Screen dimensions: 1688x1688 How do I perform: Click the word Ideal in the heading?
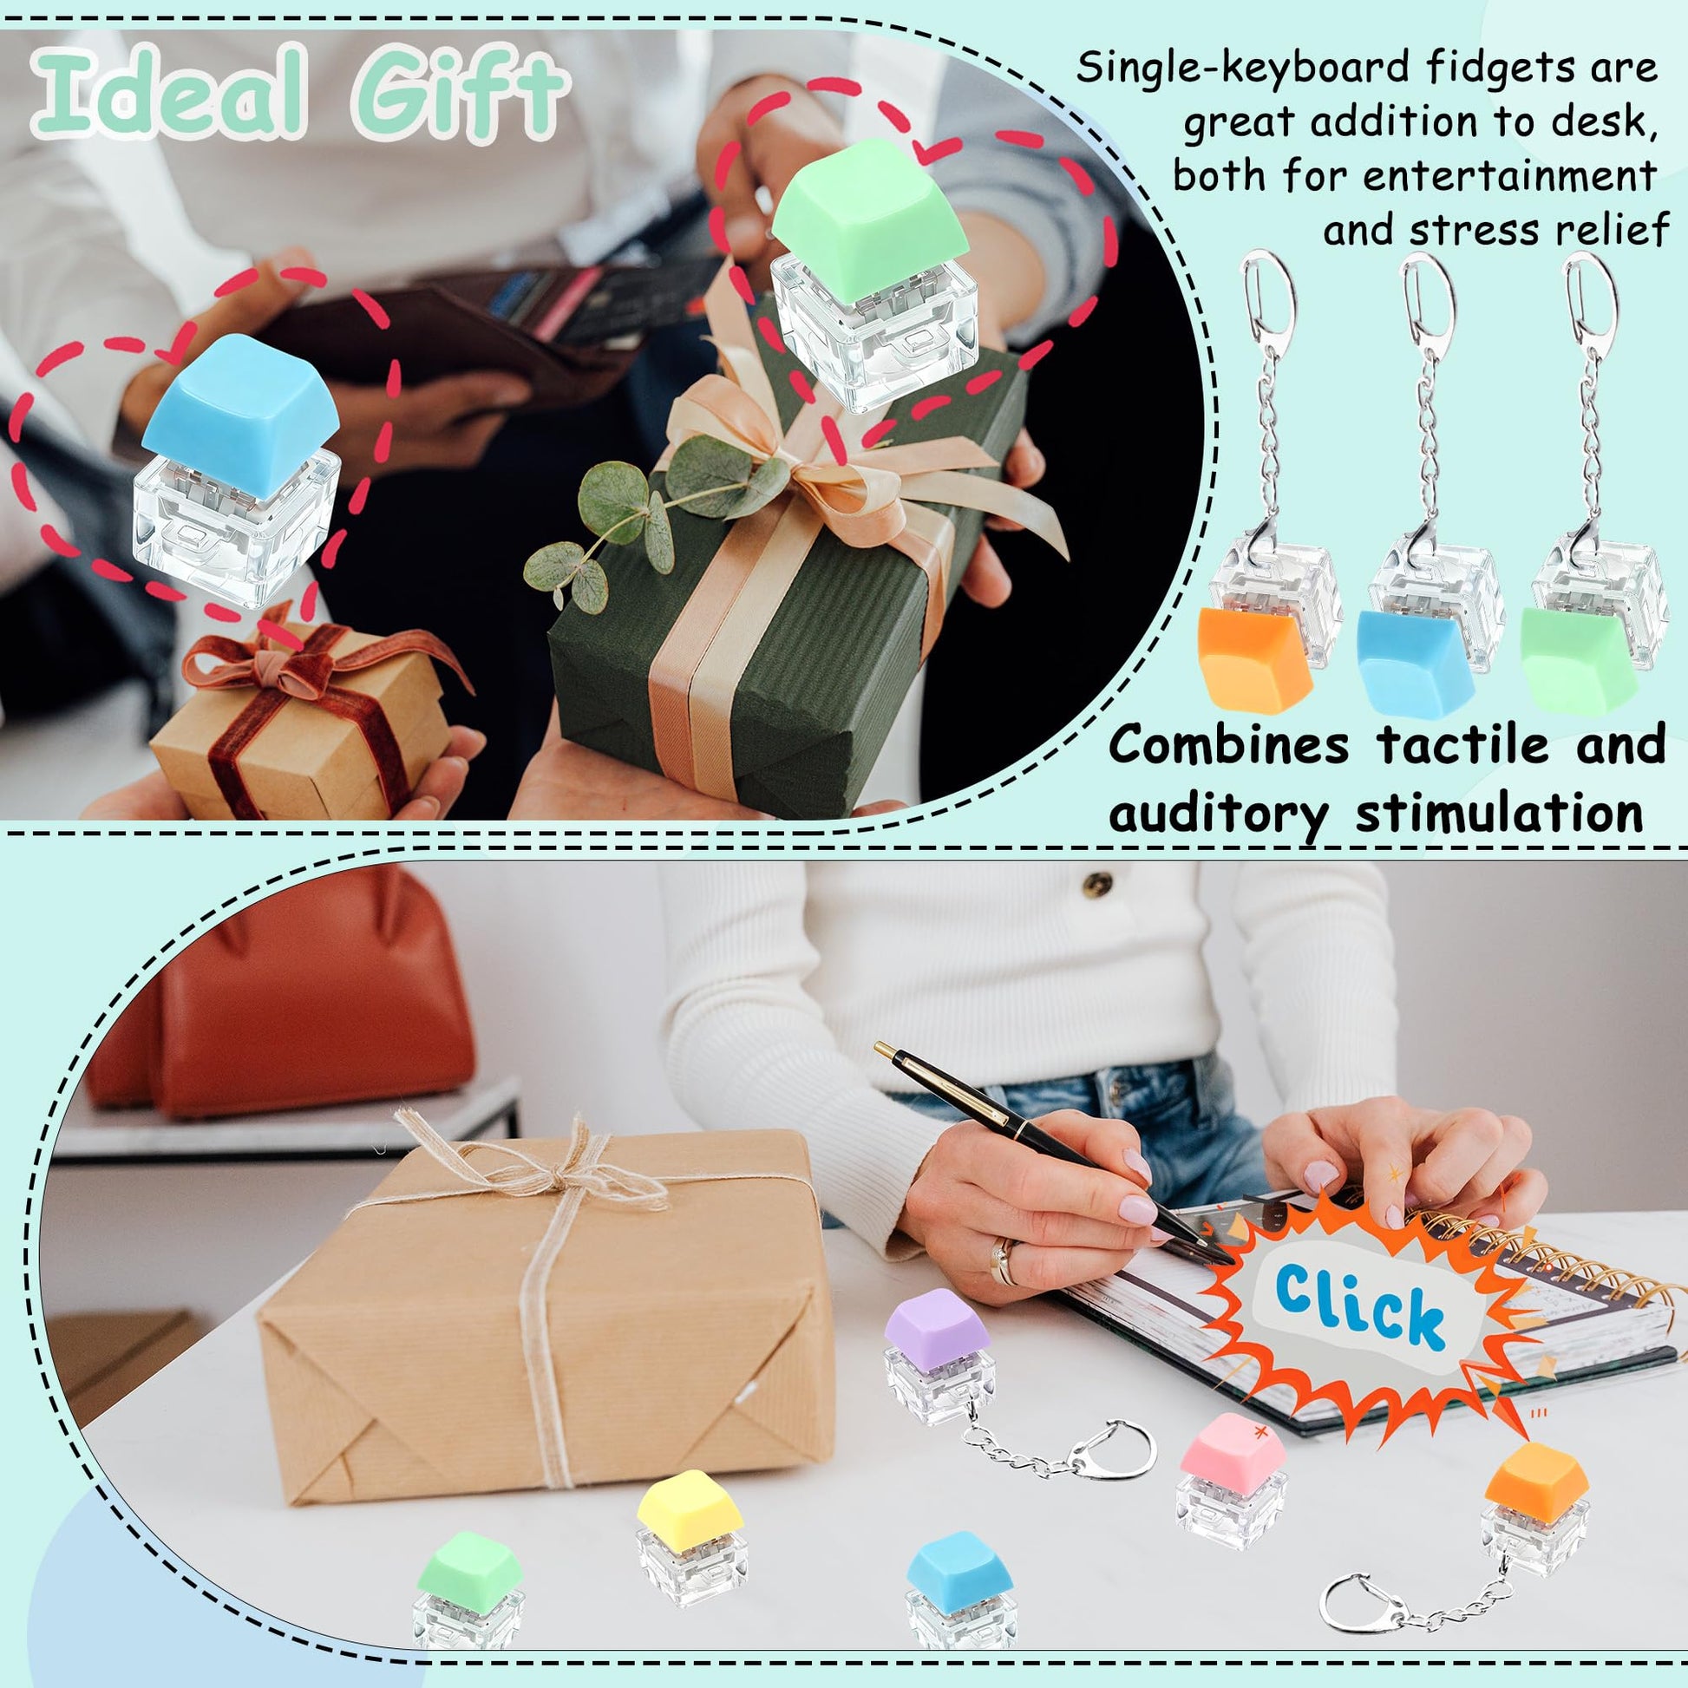171,94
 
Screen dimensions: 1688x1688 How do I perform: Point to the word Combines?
1228,745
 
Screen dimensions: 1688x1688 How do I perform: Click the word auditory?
1217,815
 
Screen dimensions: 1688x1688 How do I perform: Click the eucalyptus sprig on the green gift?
651,511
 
